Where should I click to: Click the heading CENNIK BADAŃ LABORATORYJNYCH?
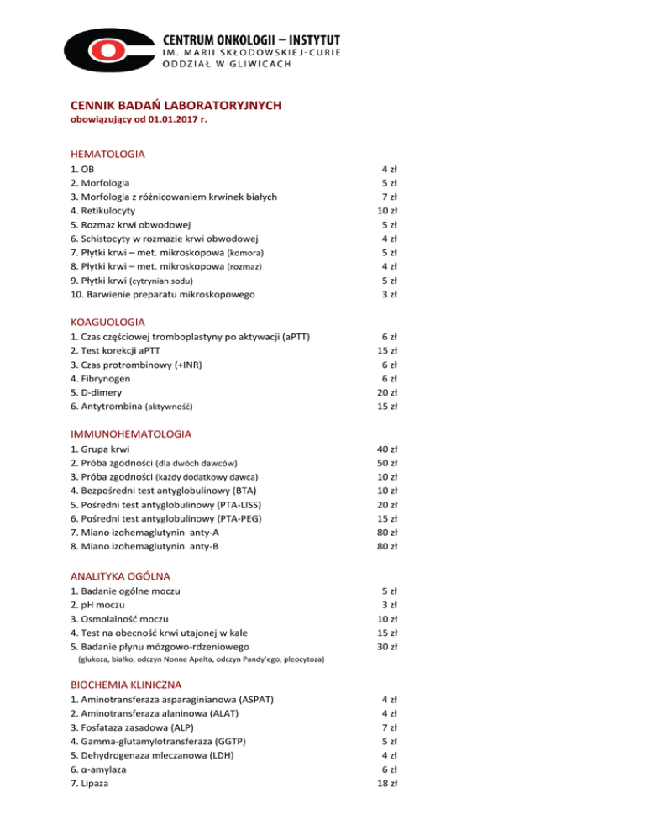coord(176,106)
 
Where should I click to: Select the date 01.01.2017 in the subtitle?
coord(176,121)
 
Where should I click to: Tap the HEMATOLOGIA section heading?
coord(107,155)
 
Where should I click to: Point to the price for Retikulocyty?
coord(388,211)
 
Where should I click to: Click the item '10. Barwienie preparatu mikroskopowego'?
coord(164,294)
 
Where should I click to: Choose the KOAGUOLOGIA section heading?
coord(108,322)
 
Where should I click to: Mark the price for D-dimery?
coord(388,392)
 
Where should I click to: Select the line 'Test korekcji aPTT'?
coord(122,350)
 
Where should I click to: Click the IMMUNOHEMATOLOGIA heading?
coord(131,434)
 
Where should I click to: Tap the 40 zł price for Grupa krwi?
coord(388,449)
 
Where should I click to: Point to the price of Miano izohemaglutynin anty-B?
coord(388,546)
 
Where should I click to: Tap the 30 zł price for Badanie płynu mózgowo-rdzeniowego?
coord(388,647)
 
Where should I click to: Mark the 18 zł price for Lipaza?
coord(388,783)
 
